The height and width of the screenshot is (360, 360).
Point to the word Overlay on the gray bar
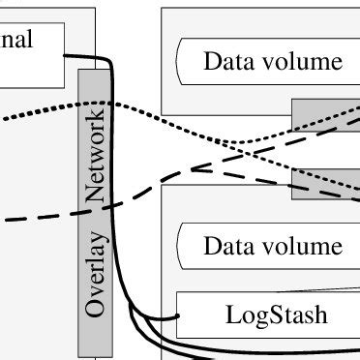click(x=95, y=280)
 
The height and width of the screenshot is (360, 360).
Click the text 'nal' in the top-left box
click(x=16, y=40)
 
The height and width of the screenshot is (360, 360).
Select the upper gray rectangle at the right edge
click(x=326, y=112)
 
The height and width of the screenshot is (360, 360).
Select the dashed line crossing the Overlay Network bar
click(x=95, y=206)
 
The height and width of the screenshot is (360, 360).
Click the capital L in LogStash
click(x=232, y=314)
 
